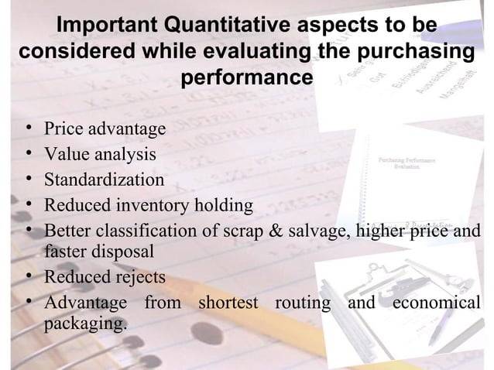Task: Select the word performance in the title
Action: [x=247, y=78]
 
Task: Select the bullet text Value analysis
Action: [x=101, y=154]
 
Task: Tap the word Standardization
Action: [x=104, y=180]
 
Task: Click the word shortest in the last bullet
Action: [x=228, y=302]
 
